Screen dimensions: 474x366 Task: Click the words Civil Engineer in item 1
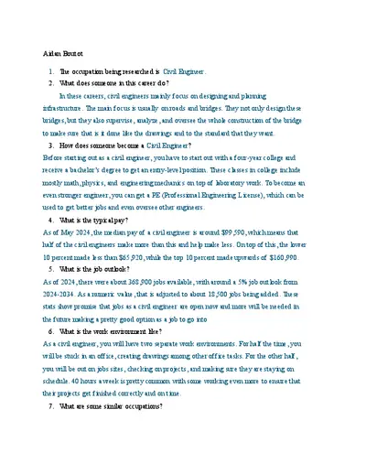pos(185,70)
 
